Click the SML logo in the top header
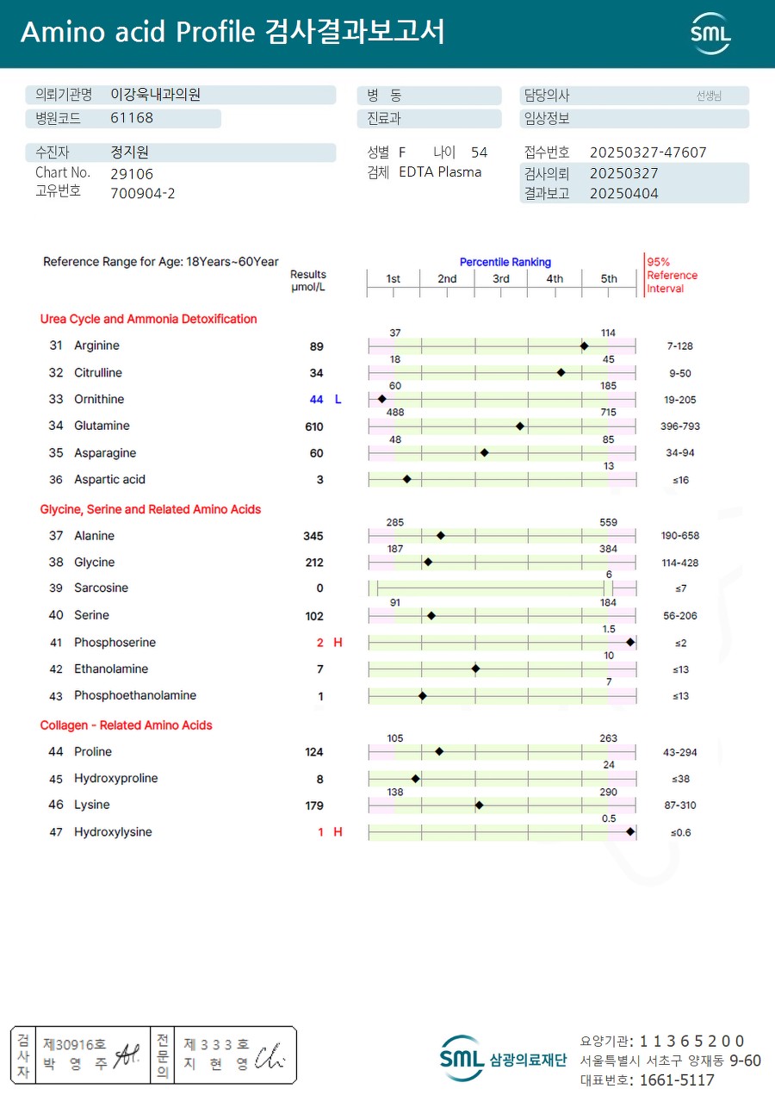pyautogui.click(x=710, y=33)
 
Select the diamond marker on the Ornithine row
pyautogui.click(x=381, y=399)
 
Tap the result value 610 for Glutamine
pyautogui.click(x=313, y=426)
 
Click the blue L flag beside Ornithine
pyautogui.click(x=338, y=400)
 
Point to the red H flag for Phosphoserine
pyautogui.click(x=338, y=643)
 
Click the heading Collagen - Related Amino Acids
pyautogui.click(x=126, y=725)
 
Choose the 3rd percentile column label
pyautogui.click(x=501, y=278)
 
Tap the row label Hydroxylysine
pyautogui.click(x=113, y=832)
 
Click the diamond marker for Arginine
pyautogui.click(x=584, y=345)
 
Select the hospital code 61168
pyautogui.click(x=132, y=119)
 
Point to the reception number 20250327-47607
pyautogui.click(x=648, y=152)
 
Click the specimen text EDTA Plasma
pyautogui.click(x=440, y=172)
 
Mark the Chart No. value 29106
pyautogui.click(x=132, y=173)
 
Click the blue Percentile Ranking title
pyautogui.click(x=505, y=262)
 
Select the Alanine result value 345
pyautogui.click(x=313, y=536)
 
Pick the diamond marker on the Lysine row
pyautogui.click(x=479, y=806)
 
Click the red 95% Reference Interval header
pyautogui.click(x=672, y=276)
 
